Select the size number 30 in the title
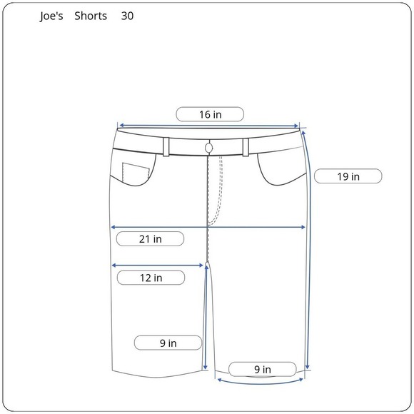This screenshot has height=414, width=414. [x=126, y=16]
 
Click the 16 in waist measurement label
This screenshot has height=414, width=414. [x=210, y=114]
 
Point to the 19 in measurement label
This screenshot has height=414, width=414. [x=348, y=176]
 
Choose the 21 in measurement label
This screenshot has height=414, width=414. [x=150, y=239]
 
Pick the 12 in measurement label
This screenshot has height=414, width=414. [x=150, y=278]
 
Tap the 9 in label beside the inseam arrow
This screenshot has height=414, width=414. [x=168, y=343]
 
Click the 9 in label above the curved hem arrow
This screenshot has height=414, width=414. [x=262, y=369]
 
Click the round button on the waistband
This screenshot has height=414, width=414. [x=208, y=147]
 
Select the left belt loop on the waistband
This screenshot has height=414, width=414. [x=166, y=146]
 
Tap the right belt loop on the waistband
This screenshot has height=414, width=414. [x=246, y=146]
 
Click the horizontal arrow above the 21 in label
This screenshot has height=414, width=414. [x=208, y=228]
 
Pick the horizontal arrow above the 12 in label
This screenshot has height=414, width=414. [x=158, y=266]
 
